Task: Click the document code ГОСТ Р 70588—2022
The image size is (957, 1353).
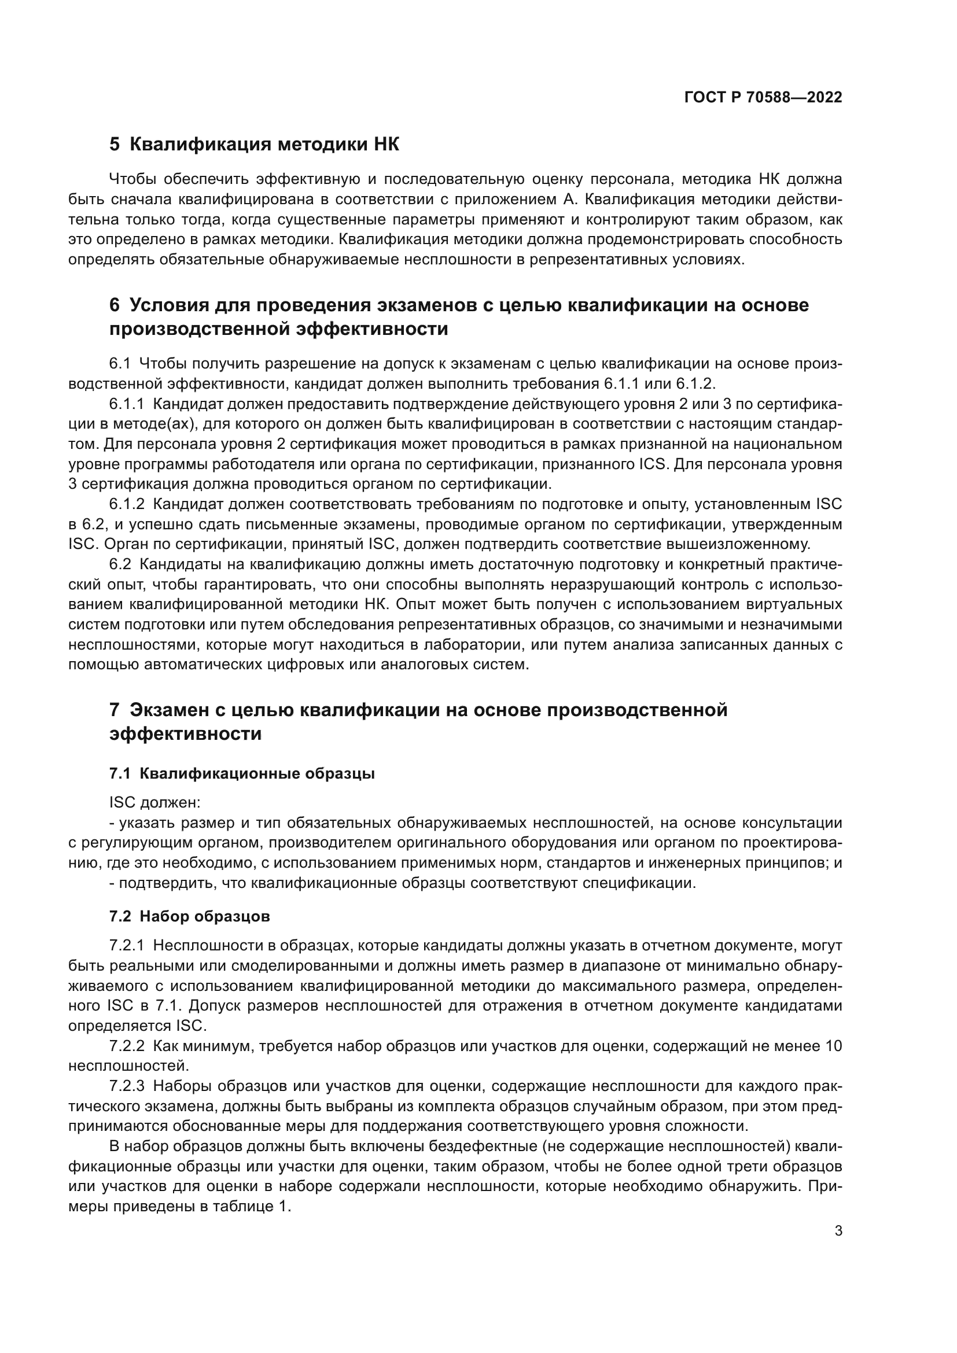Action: coord(763,97)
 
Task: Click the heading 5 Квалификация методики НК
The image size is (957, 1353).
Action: coord(254,145)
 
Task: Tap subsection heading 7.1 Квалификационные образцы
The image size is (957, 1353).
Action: coord(242,773)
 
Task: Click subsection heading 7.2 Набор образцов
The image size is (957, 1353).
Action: coord(189,916)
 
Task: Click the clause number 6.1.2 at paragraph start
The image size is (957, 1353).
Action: coord(126,504)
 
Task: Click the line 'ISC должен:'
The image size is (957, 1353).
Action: coord(154,803)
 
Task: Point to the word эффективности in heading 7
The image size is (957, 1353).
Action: coord(185,734)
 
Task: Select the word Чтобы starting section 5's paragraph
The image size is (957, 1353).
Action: coord(132,179)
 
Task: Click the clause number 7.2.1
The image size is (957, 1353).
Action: coord(126,946)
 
